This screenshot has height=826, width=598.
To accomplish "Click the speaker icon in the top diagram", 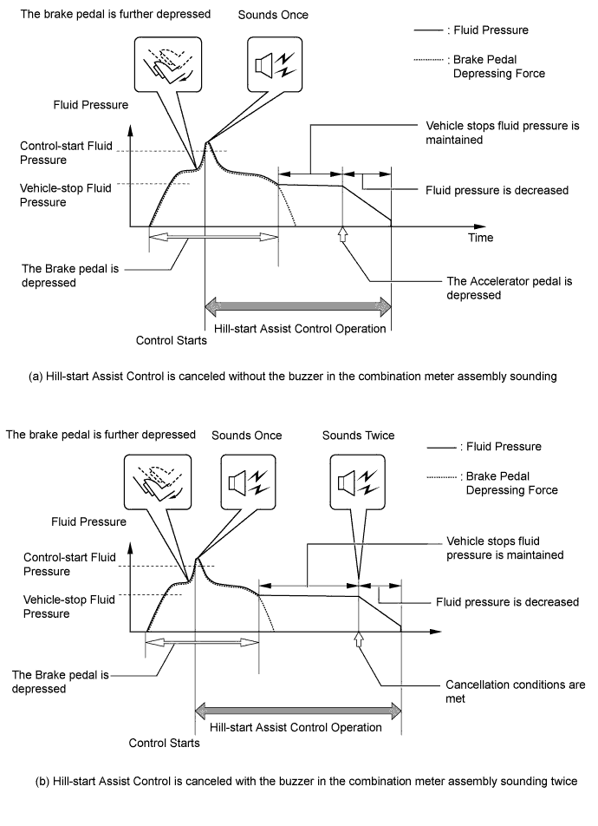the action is (x=275, y=65).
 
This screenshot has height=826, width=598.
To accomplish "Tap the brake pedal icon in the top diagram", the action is (x=168, y=65).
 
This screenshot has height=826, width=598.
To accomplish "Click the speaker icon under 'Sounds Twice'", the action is (x=358, y=482).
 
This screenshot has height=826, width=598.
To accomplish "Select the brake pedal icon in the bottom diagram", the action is (x=158, y=482).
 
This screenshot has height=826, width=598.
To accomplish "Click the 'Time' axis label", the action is (x=481, y=238).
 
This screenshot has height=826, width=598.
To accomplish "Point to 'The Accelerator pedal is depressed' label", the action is (x=509, y=288).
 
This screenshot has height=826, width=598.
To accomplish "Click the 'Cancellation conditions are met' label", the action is (x=515, y=692).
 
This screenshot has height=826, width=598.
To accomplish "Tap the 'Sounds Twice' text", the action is (x=358, y=436).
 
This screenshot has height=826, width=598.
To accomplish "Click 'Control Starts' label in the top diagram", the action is (x=171, y=340).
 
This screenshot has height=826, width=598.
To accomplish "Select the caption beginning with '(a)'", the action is (x=292, y=377).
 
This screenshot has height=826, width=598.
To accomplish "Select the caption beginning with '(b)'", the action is (x=306, y=781).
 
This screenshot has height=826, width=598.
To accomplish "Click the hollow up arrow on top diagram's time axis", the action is (x=342, y=234).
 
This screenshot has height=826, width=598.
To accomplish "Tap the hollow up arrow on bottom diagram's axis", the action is (x=359, y=639).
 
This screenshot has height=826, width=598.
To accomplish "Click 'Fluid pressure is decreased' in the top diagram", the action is (x=497, y=190).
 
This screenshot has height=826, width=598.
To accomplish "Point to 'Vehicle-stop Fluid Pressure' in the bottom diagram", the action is (x=69, y=606).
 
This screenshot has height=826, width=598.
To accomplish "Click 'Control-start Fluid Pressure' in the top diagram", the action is (x=66, y=153).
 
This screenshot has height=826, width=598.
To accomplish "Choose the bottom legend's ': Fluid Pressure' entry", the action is (x=484, y=447).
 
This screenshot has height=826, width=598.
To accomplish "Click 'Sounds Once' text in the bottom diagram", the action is (x=246, y=436).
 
